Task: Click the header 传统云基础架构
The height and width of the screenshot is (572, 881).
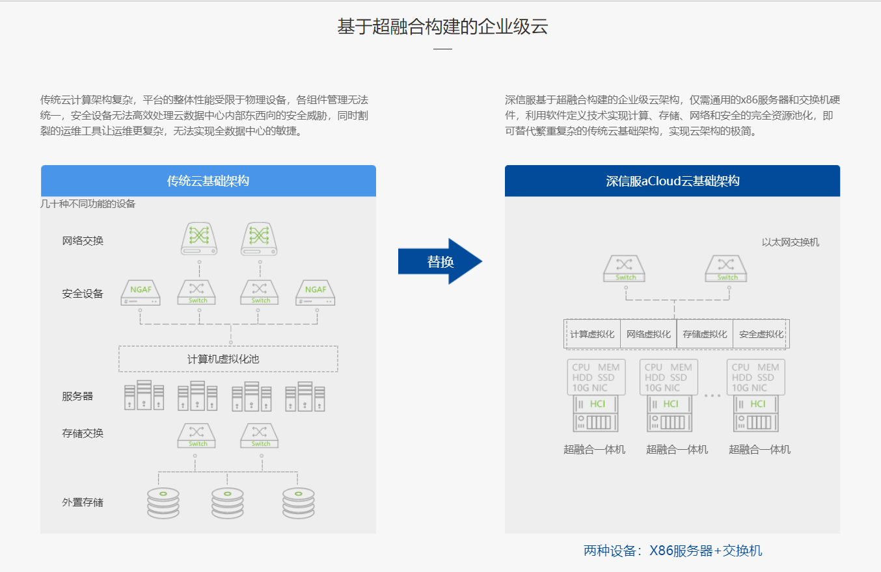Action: click(x=208, y=181)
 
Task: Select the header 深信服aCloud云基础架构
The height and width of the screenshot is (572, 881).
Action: click(x=672, y=181)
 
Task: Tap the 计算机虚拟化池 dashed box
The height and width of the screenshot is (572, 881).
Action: click(x=228, y=359)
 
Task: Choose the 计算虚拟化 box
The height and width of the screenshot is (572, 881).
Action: click(x=592, y=334)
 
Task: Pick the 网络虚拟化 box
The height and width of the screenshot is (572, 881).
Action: click(x=648, y=334)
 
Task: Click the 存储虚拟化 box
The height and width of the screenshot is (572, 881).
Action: click(x=705, y=334)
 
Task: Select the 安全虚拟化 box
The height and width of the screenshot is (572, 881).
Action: click(x=761, y=334)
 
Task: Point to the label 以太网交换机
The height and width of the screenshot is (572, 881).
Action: click(x=791, y=242)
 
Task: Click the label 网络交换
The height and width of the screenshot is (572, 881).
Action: click(x=83, y=240)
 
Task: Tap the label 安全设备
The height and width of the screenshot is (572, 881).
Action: click(x=83, y=294)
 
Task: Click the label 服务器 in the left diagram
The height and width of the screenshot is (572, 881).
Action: click(x=77, y=396)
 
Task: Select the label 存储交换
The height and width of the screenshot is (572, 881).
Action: click(x=83, y=433)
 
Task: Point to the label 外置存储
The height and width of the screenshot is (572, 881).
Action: click(x=83, y=502)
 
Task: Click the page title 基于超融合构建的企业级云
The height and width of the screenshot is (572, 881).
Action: click(x=442, y=27)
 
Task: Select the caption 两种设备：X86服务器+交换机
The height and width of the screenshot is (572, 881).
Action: click(x=672, y=551)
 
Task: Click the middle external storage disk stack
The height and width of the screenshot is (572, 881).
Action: click(x=227, y=502)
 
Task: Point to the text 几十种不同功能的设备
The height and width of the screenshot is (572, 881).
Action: click(x=88, y=204)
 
